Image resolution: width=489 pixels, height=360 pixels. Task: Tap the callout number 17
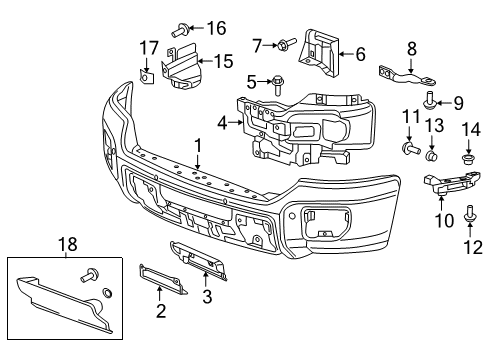[x=149, y=47]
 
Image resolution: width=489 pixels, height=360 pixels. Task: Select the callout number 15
[x=224, y=61]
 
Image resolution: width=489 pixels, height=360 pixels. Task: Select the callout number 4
[x=222, y=125]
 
